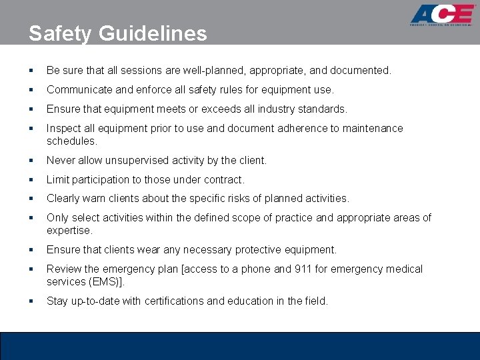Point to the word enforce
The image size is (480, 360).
(x=151, y=89)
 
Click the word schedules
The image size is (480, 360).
(x=71, y=141)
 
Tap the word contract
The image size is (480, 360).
(x=223, y=179)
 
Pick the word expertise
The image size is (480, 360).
(x=69, y=230)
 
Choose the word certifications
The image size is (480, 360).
(x=172, y=301)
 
